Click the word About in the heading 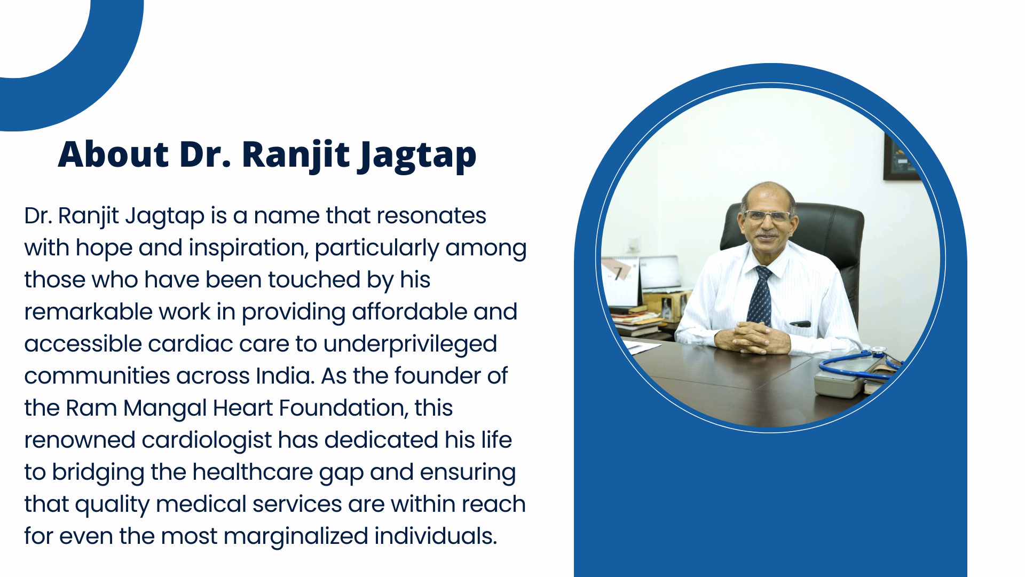click(x=113, y=154)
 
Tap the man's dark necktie click(x=760, y=295)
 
